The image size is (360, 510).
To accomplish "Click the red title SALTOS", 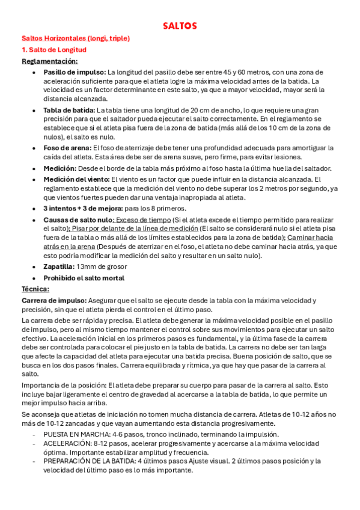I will (x=180, y=26).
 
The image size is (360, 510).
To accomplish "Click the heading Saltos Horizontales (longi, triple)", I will (x=76, y=38).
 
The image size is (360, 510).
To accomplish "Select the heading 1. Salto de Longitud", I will (x=54, y=49).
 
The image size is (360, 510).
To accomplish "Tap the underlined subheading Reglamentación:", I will (x=49, y=61).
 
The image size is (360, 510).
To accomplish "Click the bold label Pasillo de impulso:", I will (x=75, y=72).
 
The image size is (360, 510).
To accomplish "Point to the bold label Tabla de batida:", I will (x=69, y=110).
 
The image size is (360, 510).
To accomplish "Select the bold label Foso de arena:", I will (x=67, y=147).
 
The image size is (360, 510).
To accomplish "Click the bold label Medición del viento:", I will (x=77, y=179).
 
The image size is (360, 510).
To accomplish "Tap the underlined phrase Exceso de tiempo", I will (x=142, y=220).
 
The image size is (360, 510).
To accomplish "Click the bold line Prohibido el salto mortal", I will (x=84, y=278).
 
